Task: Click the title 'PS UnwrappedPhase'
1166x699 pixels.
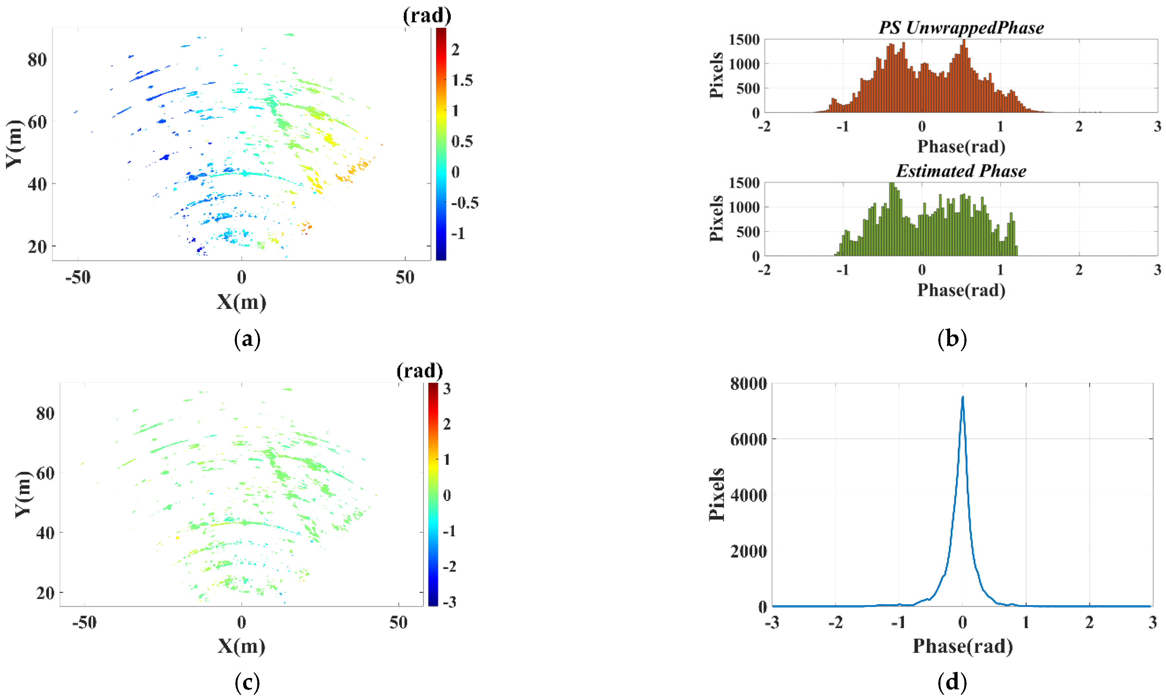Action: [x=961, y=28]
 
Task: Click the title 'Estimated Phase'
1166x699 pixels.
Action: [x=961, y=171]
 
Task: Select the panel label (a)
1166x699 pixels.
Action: [x=247, y=339]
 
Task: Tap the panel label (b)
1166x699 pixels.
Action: [x=952, y=339]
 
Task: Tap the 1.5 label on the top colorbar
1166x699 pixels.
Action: [x=462, y=80]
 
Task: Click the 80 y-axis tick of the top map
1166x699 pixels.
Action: [x=37, y=60]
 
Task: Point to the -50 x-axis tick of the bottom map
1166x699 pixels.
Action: [x=84, y=623]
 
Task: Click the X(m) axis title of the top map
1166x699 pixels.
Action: [x=241, y=301]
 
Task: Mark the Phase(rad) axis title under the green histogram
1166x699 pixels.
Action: [x=961, y=290]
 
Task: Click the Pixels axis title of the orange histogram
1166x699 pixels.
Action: [x=716, y=75]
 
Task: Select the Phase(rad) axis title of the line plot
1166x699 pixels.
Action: [x=962, y=646]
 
